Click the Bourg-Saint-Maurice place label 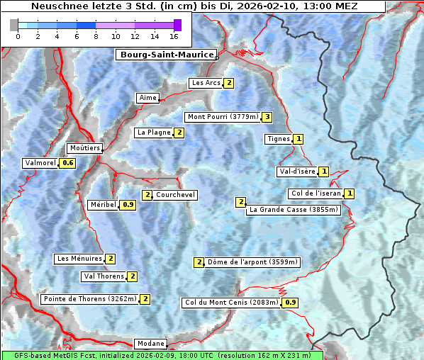coord(167,55)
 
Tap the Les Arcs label coord(206,83)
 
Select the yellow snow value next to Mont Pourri coord(267,117)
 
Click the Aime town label coord(148,98)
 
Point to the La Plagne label coord(154,133)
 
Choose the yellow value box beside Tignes coord(299,139)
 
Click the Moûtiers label coord(85,148)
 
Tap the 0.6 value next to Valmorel coord(67,163)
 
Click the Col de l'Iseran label coord(316,193)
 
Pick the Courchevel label coord(175,195)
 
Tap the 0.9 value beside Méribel coord(128,205)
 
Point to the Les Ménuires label coord(79,259)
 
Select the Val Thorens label coord(104,276)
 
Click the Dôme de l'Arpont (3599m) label coord(252,262)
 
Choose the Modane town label coord(151,343)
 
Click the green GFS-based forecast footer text coord(162,355)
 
